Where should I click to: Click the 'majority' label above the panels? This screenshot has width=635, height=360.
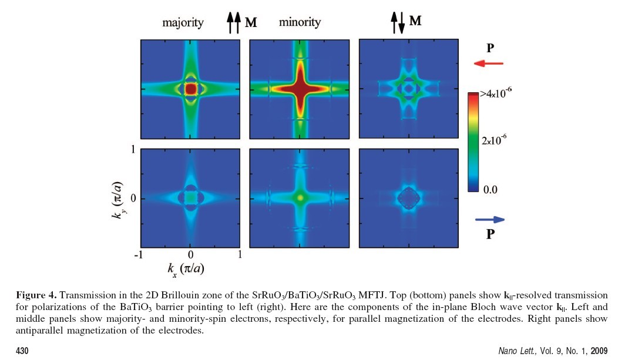point(183,23)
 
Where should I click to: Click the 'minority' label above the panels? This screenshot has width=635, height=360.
point(300,23)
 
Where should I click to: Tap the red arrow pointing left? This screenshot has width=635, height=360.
point(488,63)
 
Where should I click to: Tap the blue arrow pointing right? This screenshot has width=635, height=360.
point(489,220)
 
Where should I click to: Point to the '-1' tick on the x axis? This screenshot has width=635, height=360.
point(139,255)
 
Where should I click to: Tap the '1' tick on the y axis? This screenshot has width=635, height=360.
point(134,150)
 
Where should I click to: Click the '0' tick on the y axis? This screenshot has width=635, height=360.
point(133,198)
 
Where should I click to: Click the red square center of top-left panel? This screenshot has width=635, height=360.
point(190,89)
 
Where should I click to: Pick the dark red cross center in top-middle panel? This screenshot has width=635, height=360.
point(300,89)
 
